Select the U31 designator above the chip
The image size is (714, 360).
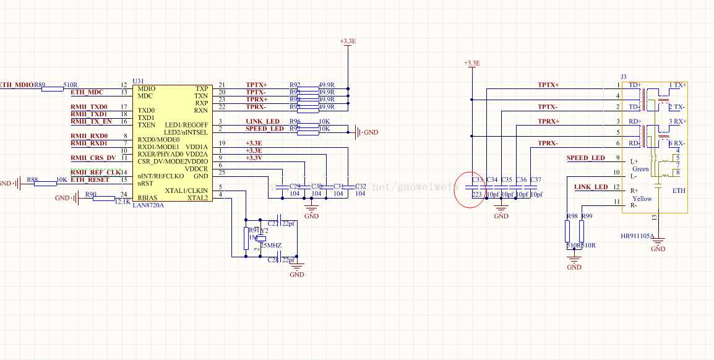point(138,81)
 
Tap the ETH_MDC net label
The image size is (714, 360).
point(87,92)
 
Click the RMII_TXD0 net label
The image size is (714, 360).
point(89,107)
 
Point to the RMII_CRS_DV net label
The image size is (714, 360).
point(93,158)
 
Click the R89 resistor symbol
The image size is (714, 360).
point(52,89)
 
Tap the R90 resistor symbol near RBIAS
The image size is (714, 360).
point(103,198)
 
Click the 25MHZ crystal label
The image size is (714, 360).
point(270,246)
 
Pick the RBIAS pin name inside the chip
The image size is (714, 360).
point(149,197)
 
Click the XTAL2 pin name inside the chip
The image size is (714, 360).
point(197,197)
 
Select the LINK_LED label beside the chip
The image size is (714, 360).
point(262,121)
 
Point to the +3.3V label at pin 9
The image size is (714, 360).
point(254,158)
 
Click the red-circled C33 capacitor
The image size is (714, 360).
point(476,187)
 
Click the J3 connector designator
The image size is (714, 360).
point(624,76)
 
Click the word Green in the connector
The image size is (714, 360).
point(640,169)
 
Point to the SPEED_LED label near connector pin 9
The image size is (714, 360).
point(585,158)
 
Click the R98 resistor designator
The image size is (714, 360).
point(571,216)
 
